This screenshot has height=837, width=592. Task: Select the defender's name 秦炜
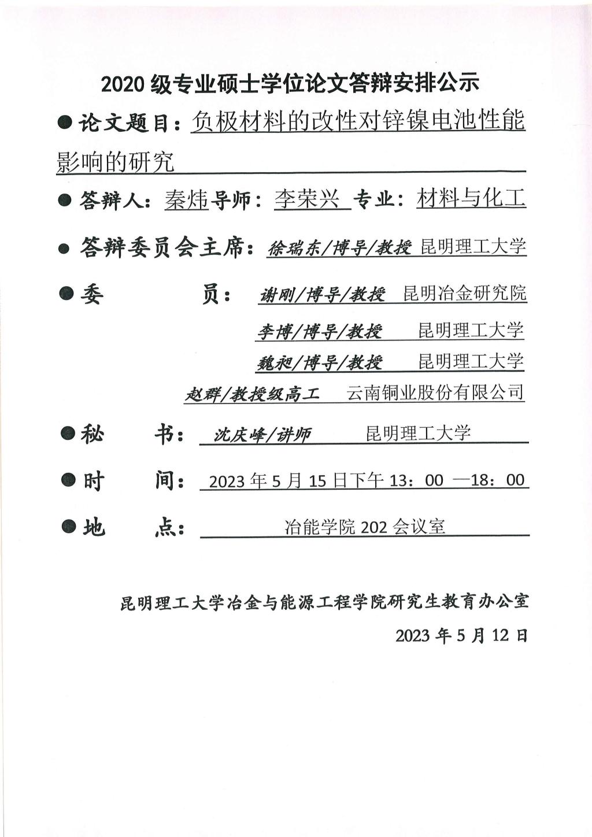click(186, 199)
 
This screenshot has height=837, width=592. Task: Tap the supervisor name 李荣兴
click(307, 199)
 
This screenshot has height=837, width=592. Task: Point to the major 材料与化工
click(471, 198)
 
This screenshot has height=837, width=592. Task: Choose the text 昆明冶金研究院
click(465, 293)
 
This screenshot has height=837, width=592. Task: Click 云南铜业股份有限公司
click(435, 392)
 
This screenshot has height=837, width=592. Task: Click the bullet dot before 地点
click(68, 526)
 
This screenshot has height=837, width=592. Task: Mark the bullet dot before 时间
click(68, 480)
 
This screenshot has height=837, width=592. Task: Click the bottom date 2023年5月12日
click(461, 635)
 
